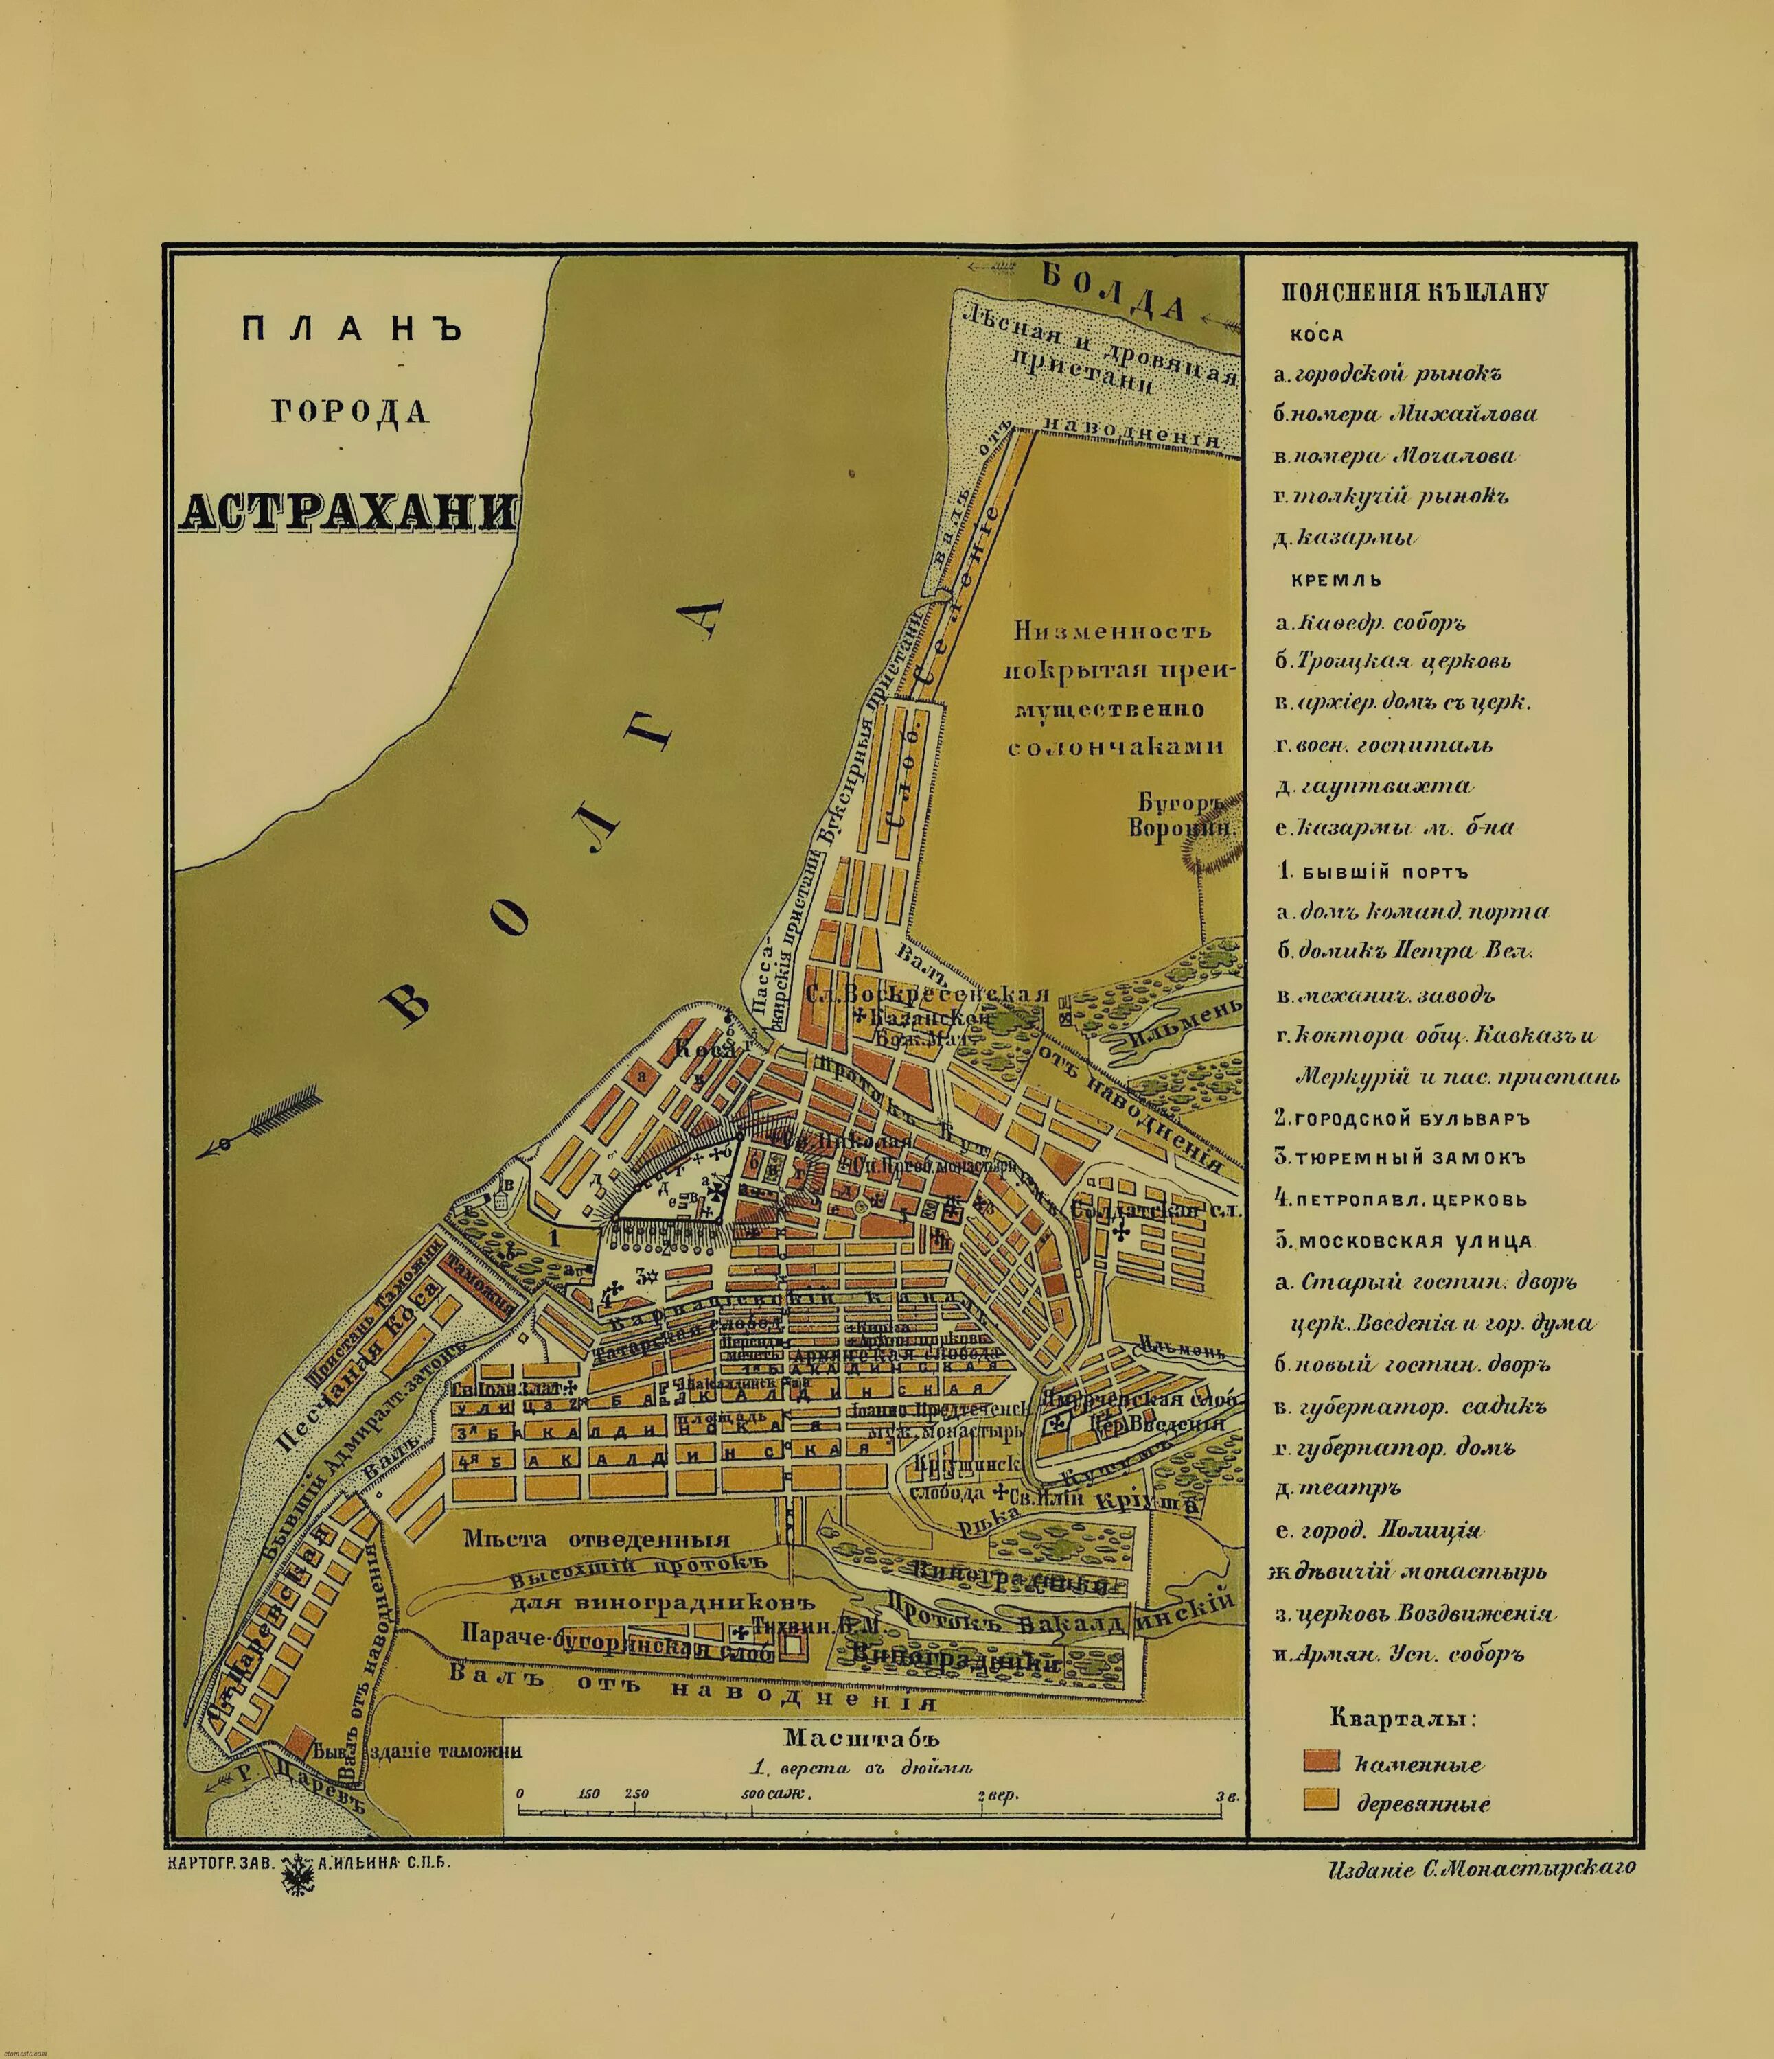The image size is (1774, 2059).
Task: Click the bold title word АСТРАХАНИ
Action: [350, 511]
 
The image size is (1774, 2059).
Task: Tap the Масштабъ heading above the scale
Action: [860, 1738]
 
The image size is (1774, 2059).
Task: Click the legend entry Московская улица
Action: [1404, 1241]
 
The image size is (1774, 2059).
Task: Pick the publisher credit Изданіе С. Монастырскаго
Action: [1480, 1868]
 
